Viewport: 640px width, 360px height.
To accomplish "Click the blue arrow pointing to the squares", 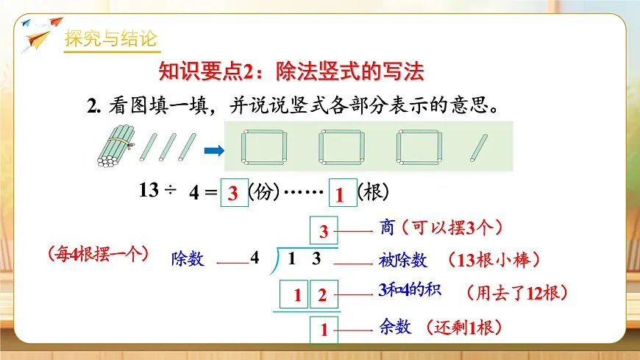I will [213, 151].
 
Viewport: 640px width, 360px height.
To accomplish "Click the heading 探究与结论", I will [110, 38].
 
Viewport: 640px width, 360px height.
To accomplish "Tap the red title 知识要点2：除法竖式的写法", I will [292, 71].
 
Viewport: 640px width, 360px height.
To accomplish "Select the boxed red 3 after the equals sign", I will [234, 194].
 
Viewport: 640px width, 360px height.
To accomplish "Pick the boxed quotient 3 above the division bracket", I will [324, 233].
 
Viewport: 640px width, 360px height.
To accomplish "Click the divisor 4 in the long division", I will [255, 258].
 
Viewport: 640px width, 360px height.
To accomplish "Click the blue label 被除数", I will [403, 260].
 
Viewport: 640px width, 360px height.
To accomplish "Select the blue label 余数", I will [396, 328].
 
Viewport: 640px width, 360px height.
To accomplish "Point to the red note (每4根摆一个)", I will [97, 255].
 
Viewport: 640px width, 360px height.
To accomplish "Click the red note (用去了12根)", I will [516, 292].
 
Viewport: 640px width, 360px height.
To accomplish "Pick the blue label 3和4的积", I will [409, 291].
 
